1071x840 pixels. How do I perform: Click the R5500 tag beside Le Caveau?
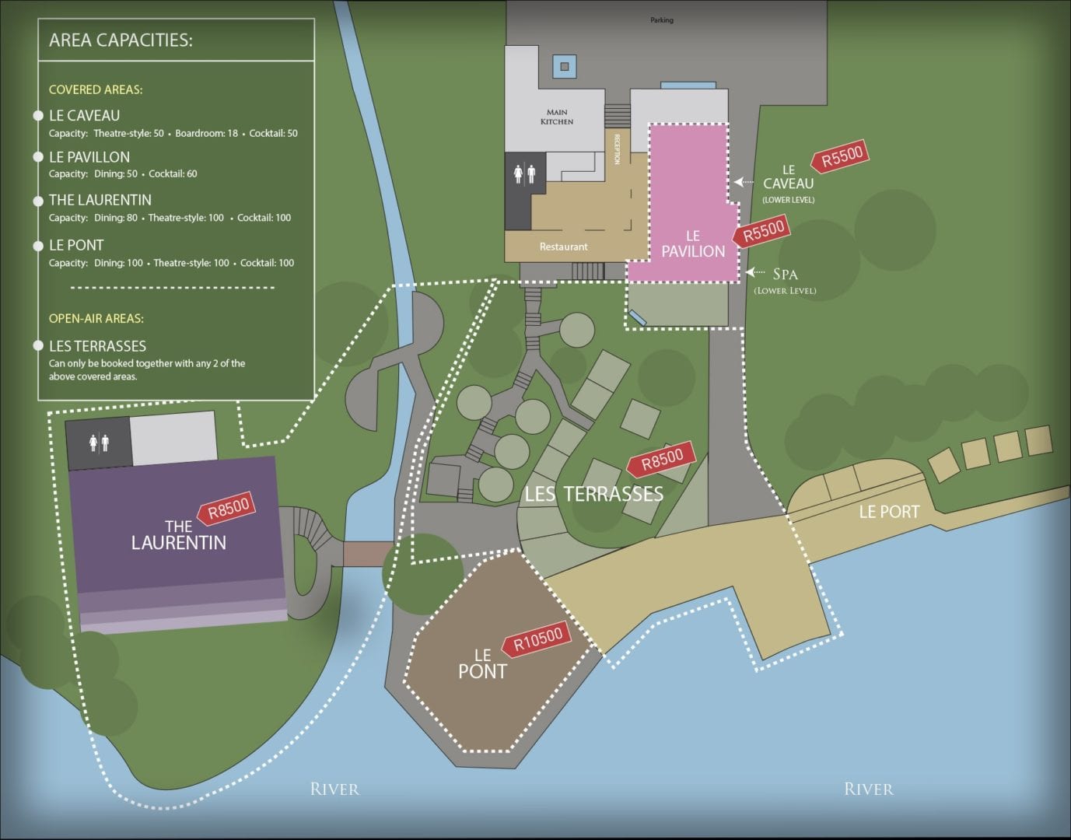(x=840, y=157)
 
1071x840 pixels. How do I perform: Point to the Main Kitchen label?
(x=557, y=117)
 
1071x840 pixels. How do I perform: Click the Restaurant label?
(x=563, y=247)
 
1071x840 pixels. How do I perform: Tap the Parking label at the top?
(x=662, y=20)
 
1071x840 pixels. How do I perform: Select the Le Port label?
(x=888, y=512)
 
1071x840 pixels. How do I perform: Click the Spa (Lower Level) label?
(x=785, y=280)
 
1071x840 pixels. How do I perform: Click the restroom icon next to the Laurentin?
(x=98, y=443)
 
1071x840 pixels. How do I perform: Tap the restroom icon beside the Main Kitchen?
(x=524, y=174)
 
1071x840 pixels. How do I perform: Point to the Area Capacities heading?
(x=121, y=40)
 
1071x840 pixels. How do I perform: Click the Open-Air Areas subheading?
(x=96, y=318)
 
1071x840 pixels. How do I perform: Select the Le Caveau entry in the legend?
(x=84, y=116)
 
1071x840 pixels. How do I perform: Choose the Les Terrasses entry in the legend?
(x=97, y=346)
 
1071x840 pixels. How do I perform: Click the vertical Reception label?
(x=618, y=149)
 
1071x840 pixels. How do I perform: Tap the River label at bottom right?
(x=868, y=789)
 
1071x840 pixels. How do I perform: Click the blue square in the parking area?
(x=565, y=65)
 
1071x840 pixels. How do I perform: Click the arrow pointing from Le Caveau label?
(x=744, y=182)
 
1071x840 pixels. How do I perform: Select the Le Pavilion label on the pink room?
(x=693, y=243)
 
